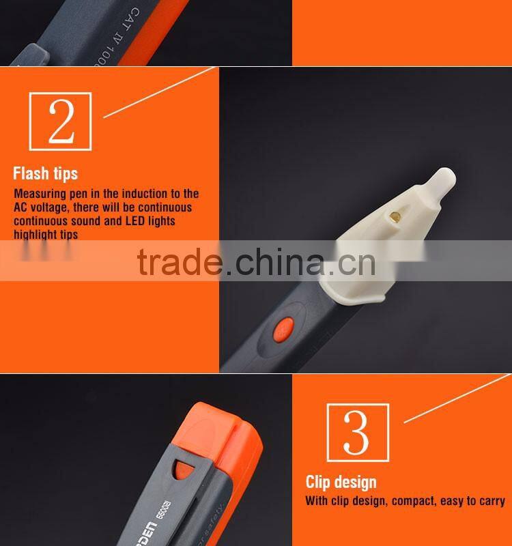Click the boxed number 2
(x=61, y=120)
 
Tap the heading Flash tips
(x=46, y=173)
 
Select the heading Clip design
(x=341, y=482)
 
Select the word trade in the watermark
(x=178, y=261)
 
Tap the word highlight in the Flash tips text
(x=34, y=234)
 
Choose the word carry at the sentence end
(x=492, y=502)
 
